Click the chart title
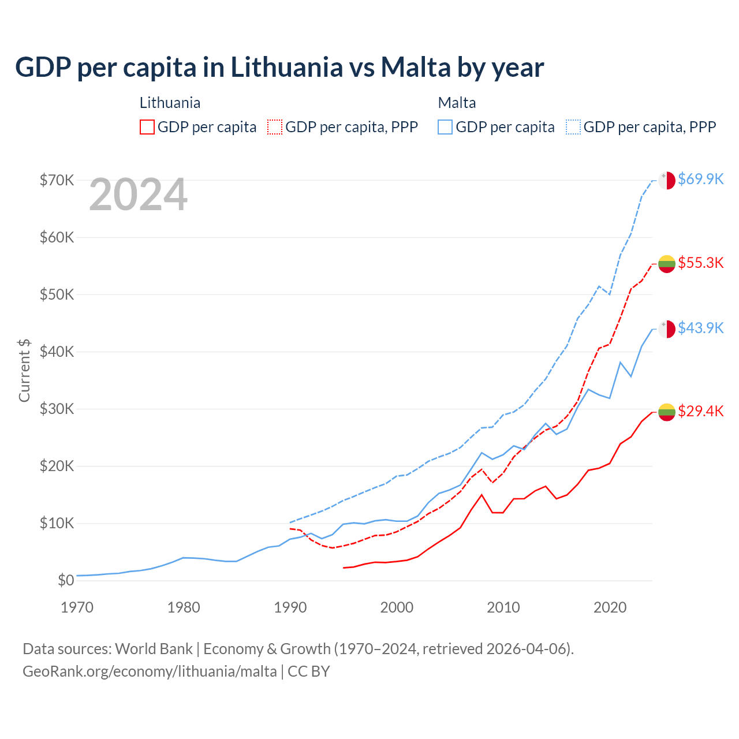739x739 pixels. click(279, 68)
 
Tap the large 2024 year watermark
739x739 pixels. click(139, 195)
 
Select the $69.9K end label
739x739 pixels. click(700, 179)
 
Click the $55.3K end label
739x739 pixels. click(700, 263)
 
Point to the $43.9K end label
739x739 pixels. click(700, 328)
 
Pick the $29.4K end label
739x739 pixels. click(700, 411)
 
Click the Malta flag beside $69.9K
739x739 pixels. click(667, 180)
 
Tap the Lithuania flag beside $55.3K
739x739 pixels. click(667, 264)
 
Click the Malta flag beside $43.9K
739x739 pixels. click(667, 329)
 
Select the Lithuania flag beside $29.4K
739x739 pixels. click(667, 412)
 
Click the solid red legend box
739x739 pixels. click(147, 127)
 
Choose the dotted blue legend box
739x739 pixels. click(573, 127)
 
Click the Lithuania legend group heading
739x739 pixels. click(170, 103)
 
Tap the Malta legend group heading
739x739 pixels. click(457, 103)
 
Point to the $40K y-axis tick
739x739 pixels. click(57, 352)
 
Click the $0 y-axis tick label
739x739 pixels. click(66, 580)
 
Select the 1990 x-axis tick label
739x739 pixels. click(290, 607)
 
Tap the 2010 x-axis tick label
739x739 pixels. click(503, 607)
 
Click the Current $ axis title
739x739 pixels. click(24, 370)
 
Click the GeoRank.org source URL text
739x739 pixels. click(150, 671)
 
